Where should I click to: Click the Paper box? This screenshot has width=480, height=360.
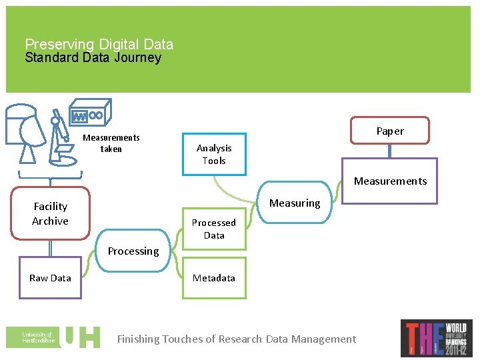(x=390, y=131)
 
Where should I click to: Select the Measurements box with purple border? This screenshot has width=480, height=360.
(x=390, y=181)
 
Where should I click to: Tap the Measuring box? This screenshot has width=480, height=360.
(x=295, y=203)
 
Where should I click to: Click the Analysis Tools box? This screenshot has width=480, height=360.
(x=214, y=155)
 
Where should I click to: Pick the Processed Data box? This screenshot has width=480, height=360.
(x=214, y=229)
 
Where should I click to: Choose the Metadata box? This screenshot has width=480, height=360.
(x=214, y=278)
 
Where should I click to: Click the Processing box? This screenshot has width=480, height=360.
(x=133, y=251)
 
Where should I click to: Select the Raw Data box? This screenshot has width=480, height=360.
(x=50, y=278)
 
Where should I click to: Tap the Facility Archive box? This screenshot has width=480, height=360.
(x=50, y=213)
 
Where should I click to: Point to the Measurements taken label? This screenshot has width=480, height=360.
(x=111, y=143)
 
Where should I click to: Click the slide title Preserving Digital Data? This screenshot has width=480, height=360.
(x=99, y=45)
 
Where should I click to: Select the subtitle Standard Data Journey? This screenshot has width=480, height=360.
(x=93, y=58)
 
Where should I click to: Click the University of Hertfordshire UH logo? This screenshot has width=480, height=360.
(x=53, y=337)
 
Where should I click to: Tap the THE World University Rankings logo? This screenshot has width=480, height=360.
(x=436, y=338)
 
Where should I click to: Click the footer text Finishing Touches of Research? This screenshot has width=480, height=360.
(x=237, y=339)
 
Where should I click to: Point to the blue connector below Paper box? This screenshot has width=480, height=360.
(x=390, y=151)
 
